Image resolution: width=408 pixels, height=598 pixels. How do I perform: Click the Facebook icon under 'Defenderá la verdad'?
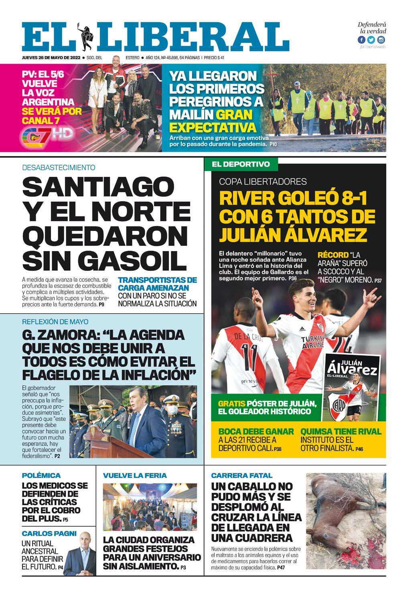click(362, 40)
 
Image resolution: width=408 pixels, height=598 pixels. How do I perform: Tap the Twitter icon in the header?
click(371, 40)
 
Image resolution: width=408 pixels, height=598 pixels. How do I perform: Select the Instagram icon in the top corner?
click(381, 40)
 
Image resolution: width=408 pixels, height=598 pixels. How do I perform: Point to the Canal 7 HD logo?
click(47, 136)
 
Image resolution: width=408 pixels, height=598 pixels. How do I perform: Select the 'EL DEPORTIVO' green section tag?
click(241, 164)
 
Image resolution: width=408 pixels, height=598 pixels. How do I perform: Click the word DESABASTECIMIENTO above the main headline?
click(59, 167)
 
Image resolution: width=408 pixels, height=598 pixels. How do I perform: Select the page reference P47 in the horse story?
click(281, 568)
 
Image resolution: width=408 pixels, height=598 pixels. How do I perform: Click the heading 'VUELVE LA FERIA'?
click(135, 476)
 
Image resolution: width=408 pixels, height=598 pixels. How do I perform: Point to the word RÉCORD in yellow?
click(333, 255)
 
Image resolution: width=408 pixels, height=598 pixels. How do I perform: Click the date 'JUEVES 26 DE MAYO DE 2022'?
click(51, 57)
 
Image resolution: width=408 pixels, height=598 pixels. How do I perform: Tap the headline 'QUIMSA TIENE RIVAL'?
click(341, 432)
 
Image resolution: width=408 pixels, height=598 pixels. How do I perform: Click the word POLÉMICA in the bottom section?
click(41, 476)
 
